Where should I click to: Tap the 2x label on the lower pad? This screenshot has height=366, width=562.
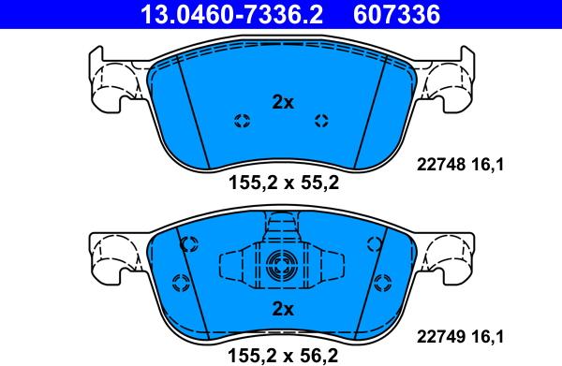pos(282,309)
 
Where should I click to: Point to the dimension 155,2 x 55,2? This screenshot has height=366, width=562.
pos(282,183)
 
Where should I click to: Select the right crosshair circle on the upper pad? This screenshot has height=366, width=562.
pos(322,120)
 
